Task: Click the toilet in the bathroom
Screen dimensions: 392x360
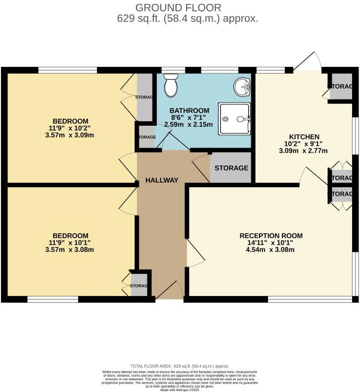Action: click(x=171, y=86)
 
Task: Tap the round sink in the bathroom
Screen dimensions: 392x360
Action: click(x=243, y=87)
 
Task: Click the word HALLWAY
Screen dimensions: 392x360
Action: click(x=162, y=180)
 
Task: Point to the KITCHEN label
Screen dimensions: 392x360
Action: click(x=305, y=137)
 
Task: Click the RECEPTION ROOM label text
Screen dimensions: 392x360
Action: click(x=271, y=235)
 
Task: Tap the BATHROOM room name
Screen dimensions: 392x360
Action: click(x=189, y=110)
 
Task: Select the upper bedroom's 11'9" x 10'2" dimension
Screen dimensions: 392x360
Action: click(x=70, y=128)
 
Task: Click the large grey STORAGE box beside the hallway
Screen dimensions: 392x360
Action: click(x=231, y=168)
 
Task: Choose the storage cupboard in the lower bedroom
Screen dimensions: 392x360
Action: click(x=139, y=286)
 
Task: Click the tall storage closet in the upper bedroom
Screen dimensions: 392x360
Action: click(x=144, y=97)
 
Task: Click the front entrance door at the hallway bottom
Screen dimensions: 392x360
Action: click(x=171, y=290)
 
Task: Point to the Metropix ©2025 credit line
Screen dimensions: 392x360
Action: click(x=180, y=390)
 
